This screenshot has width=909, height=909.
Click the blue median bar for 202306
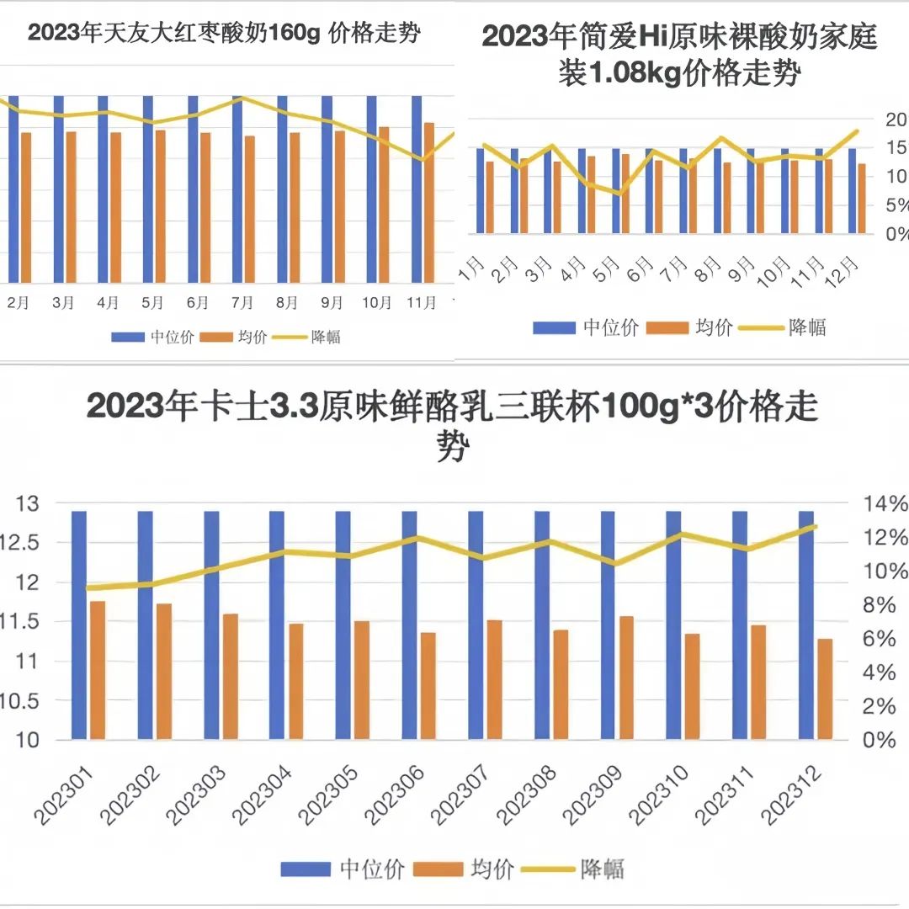(409, 625)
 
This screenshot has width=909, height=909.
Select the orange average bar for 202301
(98, 670)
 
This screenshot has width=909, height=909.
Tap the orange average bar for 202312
(825, 688)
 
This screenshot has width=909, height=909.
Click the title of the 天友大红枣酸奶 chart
(224, 35)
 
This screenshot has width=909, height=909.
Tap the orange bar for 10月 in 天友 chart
(384, 205)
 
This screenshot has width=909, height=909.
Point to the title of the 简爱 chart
(680, 56)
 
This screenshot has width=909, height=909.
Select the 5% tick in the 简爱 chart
(896, 205)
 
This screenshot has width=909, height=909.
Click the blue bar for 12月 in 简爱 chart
(852, 190)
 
